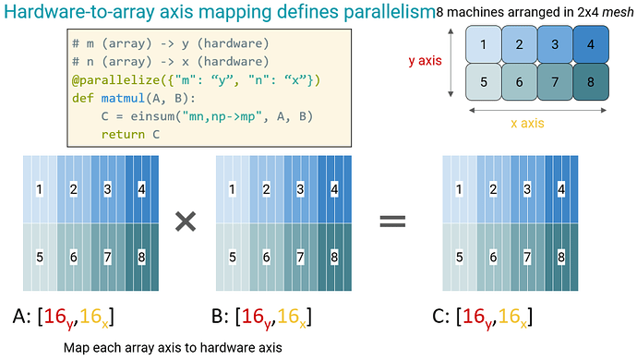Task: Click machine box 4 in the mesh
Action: click(591, 44)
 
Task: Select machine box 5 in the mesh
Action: click(484, 81)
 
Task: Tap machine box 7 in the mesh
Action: click(555, 81)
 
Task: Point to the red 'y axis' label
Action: click(425, 61)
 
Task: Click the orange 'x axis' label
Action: click(527, 123)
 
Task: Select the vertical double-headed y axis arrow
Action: click(451, 63)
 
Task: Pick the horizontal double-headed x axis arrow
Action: click(537, 110)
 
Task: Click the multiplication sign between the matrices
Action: click(186, 222)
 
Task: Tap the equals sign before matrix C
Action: click(392, 222)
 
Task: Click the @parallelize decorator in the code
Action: click(115, 80)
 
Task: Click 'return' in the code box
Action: click(123, 135)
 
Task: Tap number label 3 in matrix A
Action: click(107, 189)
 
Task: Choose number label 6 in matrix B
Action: click(266, 257)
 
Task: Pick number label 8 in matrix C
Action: click(561, 257)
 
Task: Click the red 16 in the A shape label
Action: click(55, 316)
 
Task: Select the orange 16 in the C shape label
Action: click(510, 316)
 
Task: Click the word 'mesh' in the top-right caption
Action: click(618, 13)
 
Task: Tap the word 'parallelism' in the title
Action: click(390, 13)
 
